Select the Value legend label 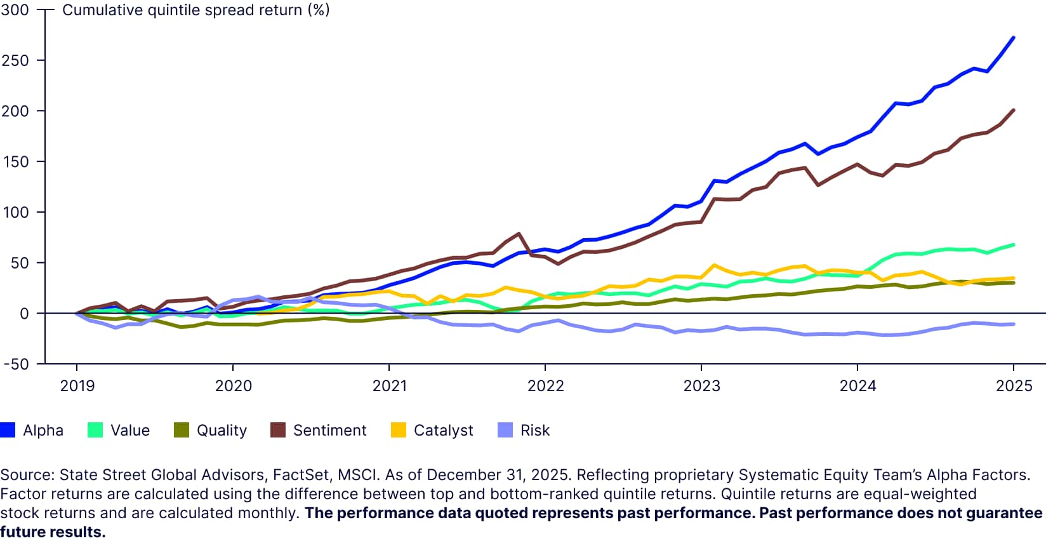129,430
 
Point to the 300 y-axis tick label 15,10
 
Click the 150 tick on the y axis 15,161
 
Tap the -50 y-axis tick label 15,364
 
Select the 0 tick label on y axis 24,313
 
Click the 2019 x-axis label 77,385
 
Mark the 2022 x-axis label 545,385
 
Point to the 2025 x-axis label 1014,385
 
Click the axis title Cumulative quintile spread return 195,10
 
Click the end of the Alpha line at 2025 1013,37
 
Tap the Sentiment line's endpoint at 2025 1013,110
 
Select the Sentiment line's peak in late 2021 519,234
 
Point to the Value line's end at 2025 1013,244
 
